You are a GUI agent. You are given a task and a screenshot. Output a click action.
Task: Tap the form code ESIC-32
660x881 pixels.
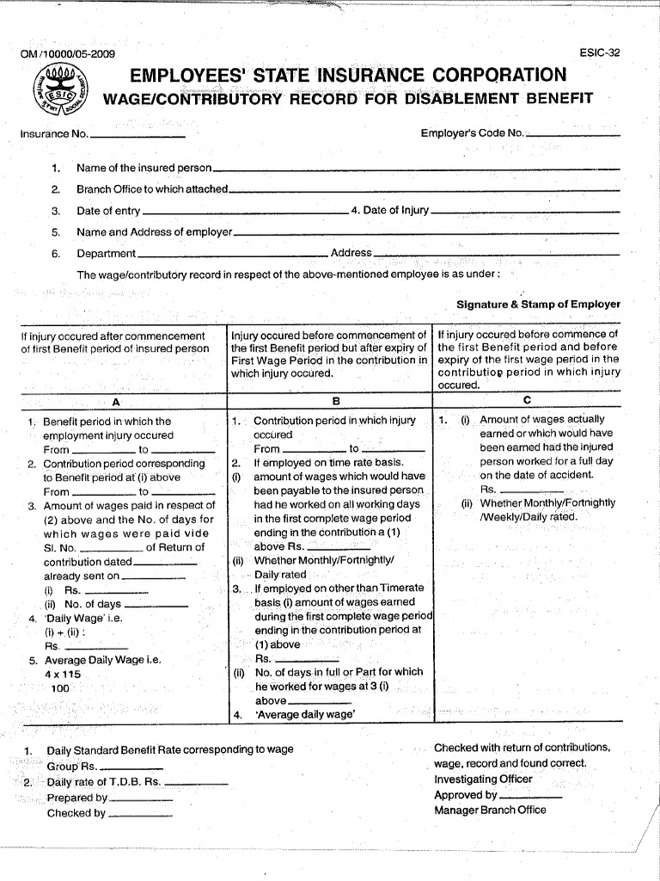click(600, 52)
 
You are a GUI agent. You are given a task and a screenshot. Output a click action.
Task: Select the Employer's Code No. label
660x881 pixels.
click(472, 133)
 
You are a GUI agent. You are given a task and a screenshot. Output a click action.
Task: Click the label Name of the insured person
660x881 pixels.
click(144, 168)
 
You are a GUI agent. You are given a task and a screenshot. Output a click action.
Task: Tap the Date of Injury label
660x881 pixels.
click(390, 211)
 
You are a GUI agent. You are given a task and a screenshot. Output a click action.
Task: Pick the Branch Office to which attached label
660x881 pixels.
click(152, 189)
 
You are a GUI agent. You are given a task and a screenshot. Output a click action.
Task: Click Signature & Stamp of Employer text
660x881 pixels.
click(538, 305)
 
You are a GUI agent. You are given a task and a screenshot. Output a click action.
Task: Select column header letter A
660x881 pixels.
click(116, 402)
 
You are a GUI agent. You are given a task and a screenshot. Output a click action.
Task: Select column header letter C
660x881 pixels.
click(527, 400)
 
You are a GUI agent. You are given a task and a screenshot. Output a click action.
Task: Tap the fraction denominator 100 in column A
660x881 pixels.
click(60, 689)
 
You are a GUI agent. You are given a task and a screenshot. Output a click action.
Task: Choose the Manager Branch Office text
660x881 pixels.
click(490, 810)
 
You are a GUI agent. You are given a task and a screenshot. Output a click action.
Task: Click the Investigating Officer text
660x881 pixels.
click(483, 779)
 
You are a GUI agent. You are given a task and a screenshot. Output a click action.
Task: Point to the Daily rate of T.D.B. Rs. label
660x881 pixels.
click(104, 782)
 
